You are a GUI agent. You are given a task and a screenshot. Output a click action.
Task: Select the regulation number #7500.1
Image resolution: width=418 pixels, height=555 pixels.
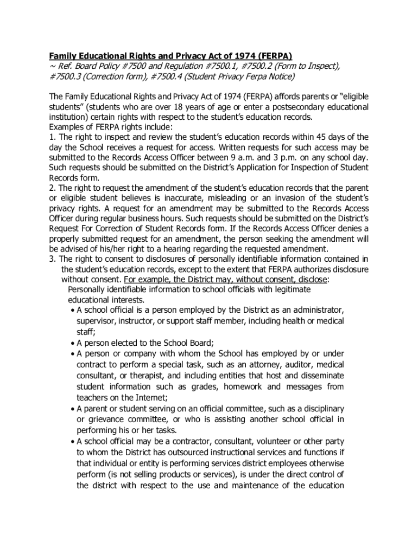coord(232,66)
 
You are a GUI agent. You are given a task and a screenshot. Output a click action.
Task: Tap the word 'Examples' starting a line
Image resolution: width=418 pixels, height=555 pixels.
coord(66,127)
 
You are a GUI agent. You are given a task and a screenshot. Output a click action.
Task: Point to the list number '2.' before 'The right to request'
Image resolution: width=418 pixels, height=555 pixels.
coord(53,188)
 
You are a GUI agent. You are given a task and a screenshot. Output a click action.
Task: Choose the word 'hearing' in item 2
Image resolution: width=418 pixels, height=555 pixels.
coord(176,249)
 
